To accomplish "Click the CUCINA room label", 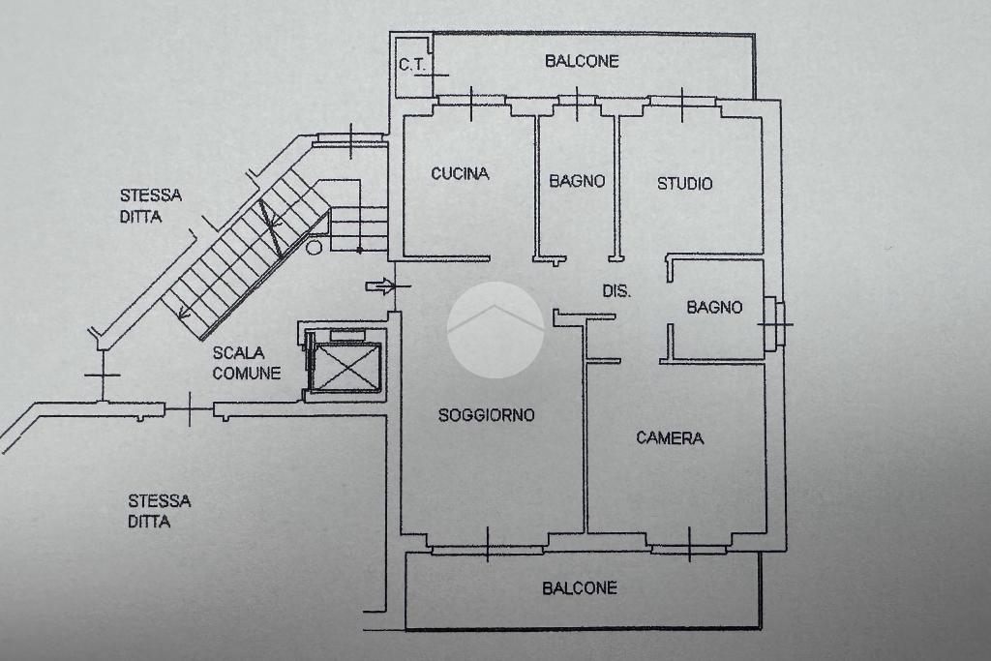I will [460, 174].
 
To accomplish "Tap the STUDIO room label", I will [684, 183].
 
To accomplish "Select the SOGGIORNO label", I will [486, 415].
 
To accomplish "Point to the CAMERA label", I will [670, 438].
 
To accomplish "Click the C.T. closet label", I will [413, 66].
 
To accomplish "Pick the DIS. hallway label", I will [616, 290].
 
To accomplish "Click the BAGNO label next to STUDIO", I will [577, 181].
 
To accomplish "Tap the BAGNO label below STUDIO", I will [714, 308].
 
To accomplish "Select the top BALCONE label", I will [582, 61].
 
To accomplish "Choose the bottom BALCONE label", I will [579, 587].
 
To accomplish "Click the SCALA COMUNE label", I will [247, 363].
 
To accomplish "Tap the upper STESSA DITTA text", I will [150, 206].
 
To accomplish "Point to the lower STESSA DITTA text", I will [159, 511].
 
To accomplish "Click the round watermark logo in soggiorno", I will [495, 329].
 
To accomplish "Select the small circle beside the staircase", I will [314, 247].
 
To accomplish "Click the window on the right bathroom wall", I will [773, 323].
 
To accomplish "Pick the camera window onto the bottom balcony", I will [688, 549].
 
